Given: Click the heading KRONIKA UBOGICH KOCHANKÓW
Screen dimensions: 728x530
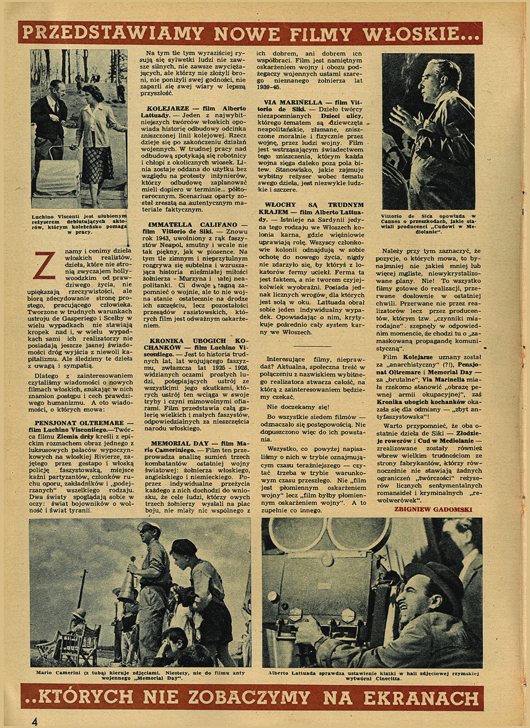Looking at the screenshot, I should pos(195,344).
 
